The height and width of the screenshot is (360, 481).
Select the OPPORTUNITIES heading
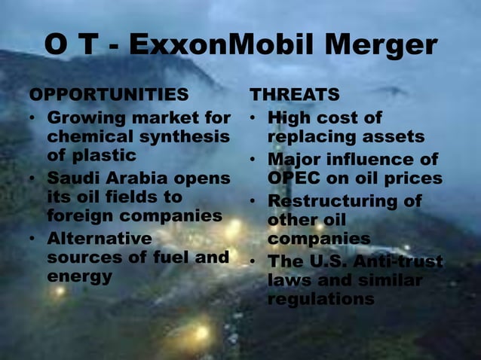click(109, 96)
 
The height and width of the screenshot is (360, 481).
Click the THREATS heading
click(295, 96)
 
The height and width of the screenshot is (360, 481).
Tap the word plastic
click(109, 156)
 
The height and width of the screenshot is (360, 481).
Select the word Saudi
click(73, 178)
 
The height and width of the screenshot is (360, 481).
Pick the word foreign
click(81, 216)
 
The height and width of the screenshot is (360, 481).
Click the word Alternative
click(99, 239)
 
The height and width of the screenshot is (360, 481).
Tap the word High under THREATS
click(290, 118)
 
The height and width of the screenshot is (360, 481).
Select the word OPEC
click(293, 178)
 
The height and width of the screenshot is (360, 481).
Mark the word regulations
click(320, 299)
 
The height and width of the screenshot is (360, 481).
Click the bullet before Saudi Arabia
click(32, 179)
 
